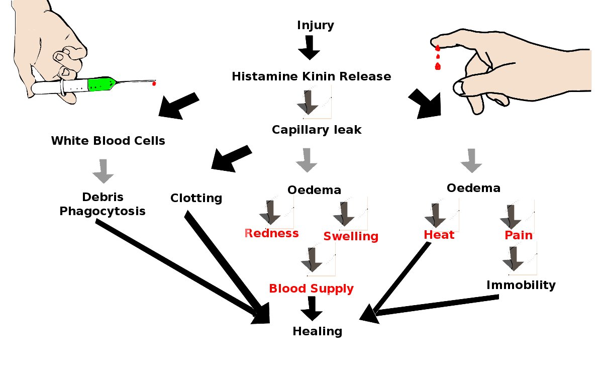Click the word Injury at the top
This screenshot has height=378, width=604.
[x=316, y=26]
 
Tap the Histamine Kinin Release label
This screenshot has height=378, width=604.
[x=312, y=76]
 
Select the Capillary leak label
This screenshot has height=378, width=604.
[x=317, y=130]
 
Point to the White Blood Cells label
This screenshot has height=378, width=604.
[x=108, y=141]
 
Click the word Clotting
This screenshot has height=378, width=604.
[x=196, y=199]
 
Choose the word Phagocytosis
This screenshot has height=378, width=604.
[x=103, y=212]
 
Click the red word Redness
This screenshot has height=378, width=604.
[x=271, y=233]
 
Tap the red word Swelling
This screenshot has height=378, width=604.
[x=351, y=237]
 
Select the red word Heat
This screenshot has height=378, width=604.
[x=439, y=235]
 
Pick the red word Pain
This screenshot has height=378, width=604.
[x=519, y=235]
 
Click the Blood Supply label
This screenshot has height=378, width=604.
[x=311, y=289]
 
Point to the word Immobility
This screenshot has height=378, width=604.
[x=521, y=286]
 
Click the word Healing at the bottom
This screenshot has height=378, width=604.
[x=318, y=332]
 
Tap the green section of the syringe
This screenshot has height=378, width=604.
[x=102, y=84]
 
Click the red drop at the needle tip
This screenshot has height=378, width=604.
[x=154, y=83]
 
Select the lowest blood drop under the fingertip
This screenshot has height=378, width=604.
[x=438, y=66]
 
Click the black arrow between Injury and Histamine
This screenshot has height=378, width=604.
[x=309, y=47]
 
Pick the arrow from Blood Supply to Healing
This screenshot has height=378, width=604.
[x=312, y=309]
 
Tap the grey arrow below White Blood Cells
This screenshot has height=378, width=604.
[x=103, y=171]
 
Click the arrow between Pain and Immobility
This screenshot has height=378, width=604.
[x=513, y=259]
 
